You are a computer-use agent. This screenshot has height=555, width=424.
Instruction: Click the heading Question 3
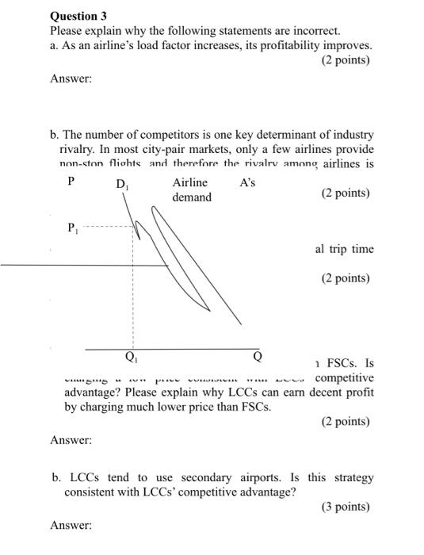78,15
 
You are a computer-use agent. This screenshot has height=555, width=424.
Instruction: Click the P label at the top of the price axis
71,182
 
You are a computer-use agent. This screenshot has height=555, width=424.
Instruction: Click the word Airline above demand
189,182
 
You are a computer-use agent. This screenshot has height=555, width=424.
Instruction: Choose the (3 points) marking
346,507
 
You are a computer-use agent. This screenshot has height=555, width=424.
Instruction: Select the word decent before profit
315,392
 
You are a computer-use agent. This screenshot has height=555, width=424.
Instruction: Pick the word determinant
278,135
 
